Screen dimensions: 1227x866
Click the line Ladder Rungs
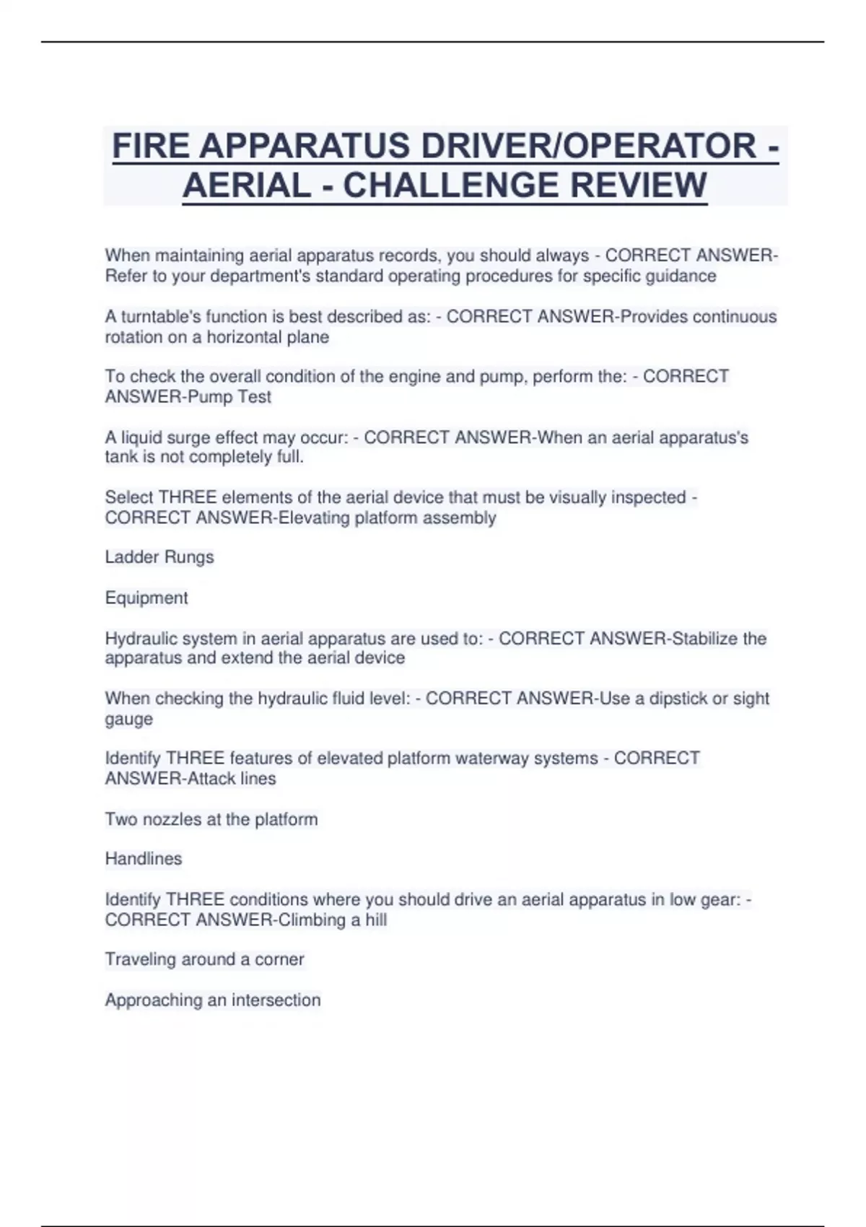159,557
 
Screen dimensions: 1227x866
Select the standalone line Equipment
146,598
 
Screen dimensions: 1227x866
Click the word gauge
128,719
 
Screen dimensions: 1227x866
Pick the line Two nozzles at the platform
211,819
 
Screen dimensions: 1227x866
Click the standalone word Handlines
144,859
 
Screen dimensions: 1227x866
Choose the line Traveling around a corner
204,959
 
